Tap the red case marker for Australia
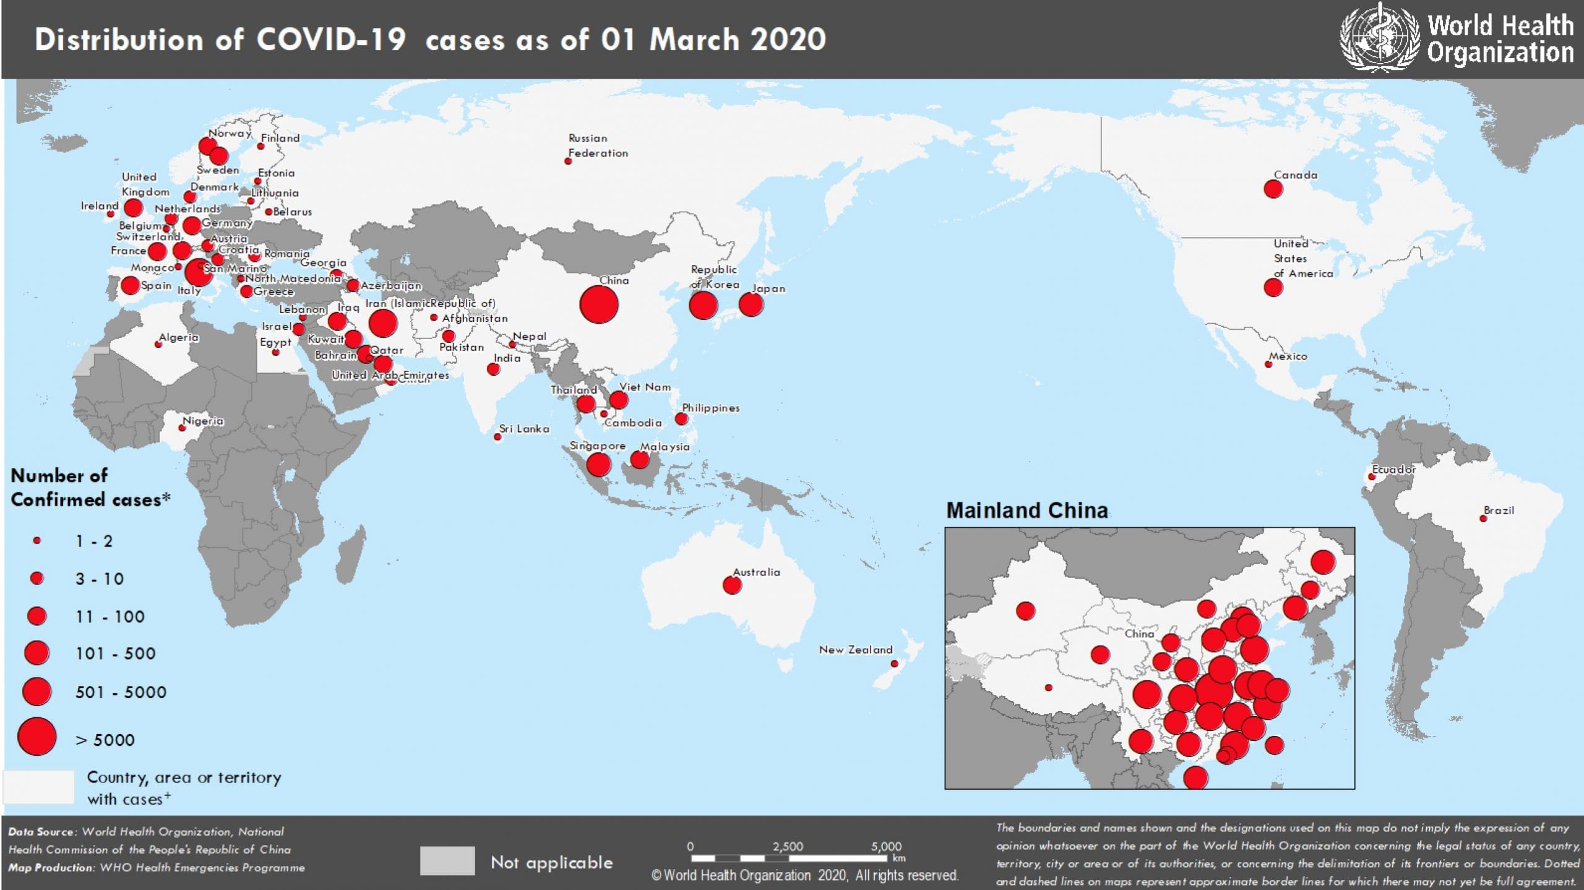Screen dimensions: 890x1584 [x=732, y=585]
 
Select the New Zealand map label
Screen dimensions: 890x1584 [x=855, y=650]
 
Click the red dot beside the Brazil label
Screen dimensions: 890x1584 [x=1483, y=519]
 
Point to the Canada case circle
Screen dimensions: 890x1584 [x=1273, y=189]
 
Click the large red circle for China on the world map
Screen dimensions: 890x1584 [x=598, y=305]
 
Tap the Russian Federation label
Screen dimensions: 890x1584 [x=598, y=145]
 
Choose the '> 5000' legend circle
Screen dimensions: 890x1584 [x=37, y=737]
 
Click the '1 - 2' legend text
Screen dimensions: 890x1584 [x=94, y=542]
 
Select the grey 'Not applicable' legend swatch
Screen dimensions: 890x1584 [x=447, y=861]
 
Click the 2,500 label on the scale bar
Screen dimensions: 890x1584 [x=788, y=847]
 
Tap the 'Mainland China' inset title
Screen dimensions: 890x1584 [x=1027, y=511]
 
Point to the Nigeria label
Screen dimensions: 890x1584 [x=203, y=421]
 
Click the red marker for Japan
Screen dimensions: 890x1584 [x=751, y=305]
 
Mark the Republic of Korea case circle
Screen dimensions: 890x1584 [x=703, y=305]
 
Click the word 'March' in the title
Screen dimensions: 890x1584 [x=694, y=40]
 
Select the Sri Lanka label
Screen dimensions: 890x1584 [x=524, y=429]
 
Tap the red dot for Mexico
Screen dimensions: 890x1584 [x=1268, y=365]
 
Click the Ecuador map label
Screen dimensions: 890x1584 [x=1393, y=470]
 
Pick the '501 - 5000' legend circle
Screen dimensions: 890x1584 [x=37, y=692]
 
